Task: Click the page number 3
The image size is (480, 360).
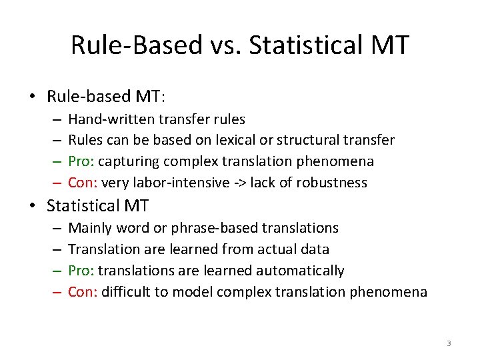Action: tap(449, 343)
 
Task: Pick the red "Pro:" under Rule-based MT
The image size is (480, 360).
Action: tap(82, 162)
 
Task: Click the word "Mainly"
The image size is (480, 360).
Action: tap(90, 228)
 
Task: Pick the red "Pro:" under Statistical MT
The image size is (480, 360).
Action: tap(82, 271)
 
